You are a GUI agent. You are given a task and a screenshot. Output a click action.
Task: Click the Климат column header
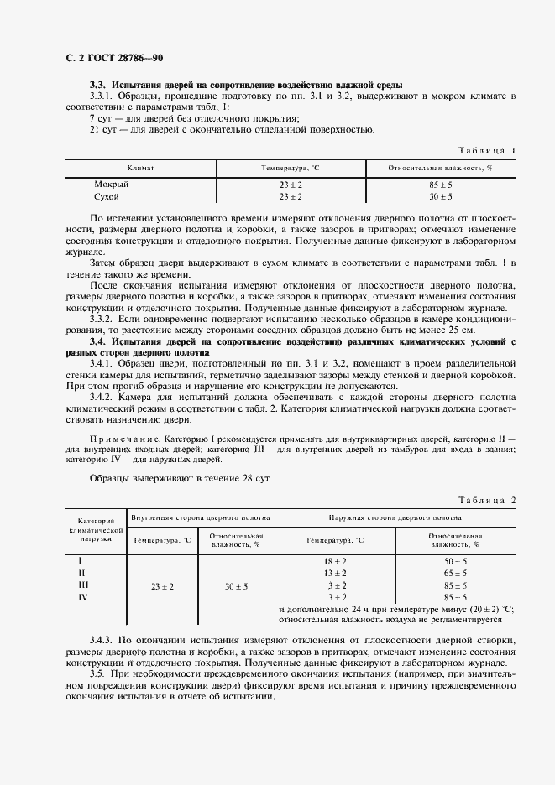140,169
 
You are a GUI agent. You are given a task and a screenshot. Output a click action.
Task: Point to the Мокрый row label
111,184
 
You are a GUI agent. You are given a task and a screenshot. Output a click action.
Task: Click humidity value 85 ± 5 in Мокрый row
439,184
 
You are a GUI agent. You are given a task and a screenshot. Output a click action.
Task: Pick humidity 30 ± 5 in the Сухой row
439,195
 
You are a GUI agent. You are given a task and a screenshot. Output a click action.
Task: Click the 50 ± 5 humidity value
455,560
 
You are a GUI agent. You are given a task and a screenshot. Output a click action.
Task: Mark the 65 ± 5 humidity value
455,573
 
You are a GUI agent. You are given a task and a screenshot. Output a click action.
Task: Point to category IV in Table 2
82,597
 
